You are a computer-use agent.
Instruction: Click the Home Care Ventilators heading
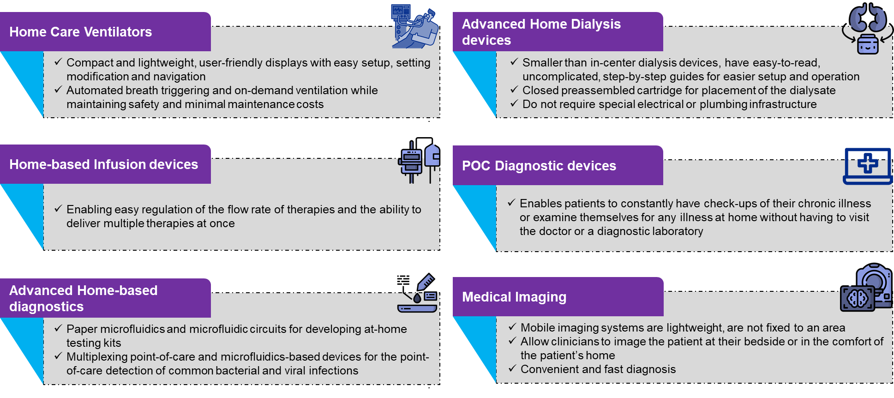tap(81, 32)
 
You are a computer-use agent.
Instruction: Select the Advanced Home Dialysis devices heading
tap(541, 32)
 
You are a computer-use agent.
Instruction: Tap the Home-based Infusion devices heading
tap(103, 164)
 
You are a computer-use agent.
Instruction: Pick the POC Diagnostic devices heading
tap(539, 166)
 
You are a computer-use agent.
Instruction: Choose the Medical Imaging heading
tap(514, 297)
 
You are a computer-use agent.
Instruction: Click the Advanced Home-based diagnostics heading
tap(83, 298)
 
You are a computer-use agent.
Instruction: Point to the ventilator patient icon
tap(414, 27)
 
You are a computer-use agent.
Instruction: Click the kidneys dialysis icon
tap(867, 29)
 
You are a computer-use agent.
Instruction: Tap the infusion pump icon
tap(418, 162)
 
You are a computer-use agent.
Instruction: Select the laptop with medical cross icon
tap(867, 166)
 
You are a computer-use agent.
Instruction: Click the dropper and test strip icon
tap(418, 295)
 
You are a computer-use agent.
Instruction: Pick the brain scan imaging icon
tap(865, 289)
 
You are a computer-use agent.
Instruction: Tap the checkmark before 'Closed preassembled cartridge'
tap(514, 90)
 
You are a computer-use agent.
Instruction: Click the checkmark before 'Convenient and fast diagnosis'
tap(512, 368)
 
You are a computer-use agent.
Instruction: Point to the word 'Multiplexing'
tap(97, 357)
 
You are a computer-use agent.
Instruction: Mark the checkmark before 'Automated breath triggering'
tap(58, 90)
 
